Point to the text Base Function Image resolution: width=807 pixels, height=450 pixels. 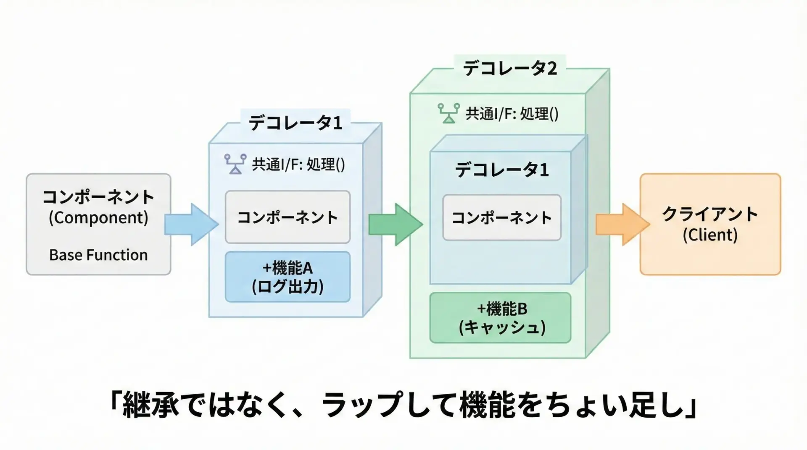coord(98,255)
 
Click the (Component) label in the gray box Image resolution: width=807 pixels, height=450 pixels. coord(98,218)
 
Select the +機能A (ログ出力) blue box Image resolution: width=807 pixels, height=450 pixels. coord(287,277)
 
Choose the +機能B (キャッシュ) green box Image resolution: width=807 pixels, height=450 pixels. coord(500,318)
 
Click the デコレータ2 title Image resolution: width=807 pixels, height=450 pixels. coord(510,68)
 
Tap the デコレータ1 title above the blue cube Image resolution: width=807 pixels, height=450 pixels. coord(295,123)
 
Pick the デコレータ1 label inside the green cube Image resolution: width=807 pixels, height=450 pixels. coord(502,170)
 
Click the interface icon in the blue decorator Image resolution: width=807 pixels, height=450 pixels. coord(235,164)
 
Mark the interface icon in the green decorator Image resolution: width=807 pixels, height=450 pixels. coord(448,113)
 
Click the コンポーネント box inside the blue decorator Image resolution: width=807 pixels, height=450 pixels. coord(287,217)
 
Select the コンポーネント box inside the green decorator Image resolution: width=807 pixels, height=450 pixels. coord(501,217)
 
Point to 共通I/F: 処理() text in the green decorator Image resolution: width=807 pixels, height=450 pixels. coord(512,114)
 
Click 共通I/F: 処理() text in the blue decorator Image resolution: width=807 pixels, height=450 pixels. coord(298,164)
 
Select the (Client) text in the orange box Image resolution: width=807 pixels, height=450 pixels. coord(710,235)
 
